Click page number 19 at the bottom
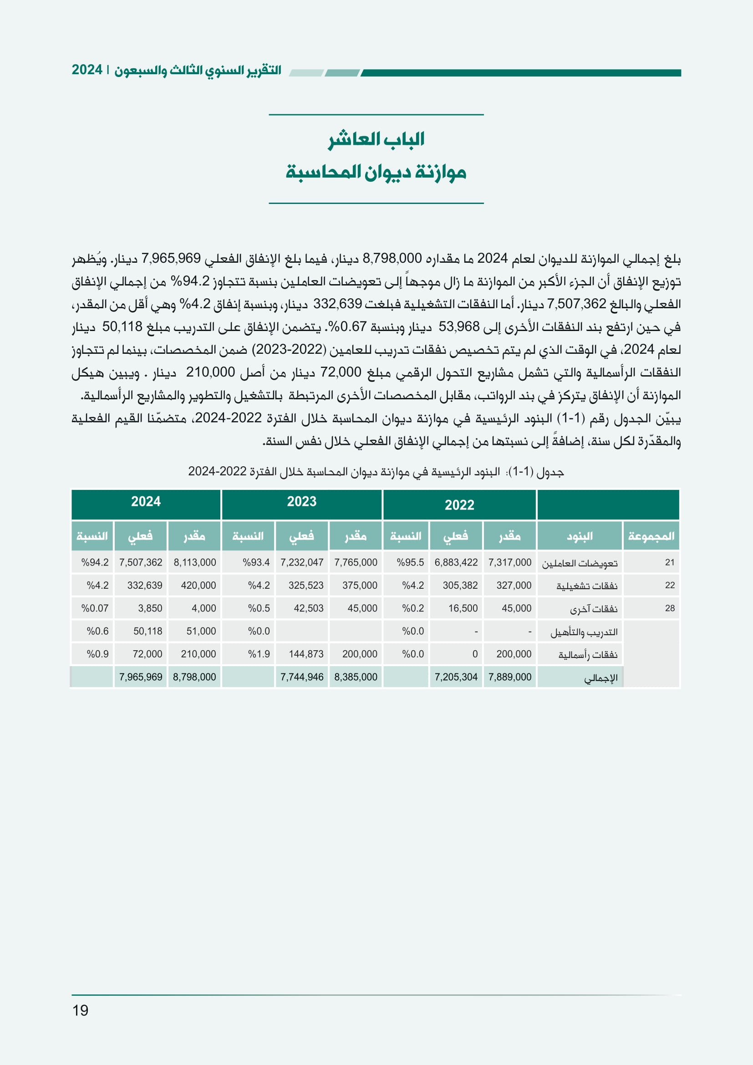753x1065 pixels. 80,1010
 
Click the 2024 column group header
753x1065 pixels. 146,501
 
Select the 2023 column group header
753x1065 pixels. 301,501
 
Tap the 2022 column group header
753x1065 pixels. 459,504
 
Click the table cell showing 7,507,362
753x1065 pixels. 141,562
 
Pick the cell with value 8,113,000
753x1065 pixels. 195,562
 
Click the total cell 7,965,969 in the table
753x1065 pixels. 141,677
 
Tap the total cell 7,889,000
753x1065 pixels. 509,677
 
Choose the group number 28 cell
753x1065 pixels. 670,608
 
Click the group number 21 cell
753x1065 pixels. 670,562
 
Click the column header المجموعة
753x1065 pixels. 651,536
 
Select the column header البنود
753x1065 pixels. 580,536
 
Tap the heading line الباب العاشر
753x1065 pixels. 376,139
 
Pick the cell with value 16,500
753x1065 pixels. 462,608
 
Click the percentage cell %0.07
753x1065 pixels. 95,608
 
